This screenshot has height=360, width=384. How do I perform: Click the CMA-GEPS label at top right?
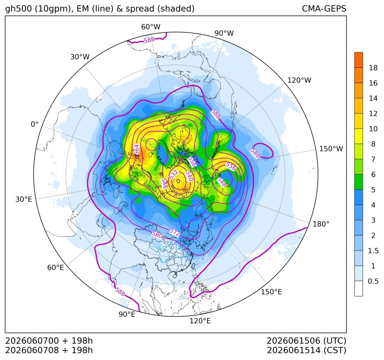click(x=324, y=8)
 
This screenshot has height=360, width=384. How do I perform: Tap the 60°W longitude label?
click(x=150, y=27)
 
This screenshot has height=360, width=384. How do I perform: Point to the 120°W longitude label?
click(x=299, y=80)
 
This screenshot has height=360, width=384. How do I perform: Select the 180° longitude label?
click(x=321, y=224)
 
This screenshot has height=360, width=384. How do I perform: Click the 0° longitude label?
click(x=34, y=124)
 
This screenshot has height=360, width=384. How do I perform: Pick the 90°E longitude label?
click(x=127, y=315)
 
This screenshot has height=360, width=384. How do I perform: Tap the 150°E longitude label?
click(x=271, y=292)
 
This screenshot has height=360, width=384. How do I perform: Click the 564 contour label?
click(x=137, y=150)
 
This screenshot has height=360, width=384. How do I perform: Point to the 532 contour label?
click(x=173, y=174)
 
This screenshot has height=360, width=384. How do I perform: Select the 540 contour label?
click(x=189, y=176)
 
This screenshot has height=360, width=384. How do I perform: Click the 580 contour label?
click(x=157, y=235)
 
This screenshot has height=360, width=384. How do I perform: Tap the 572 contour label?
click(x=175, y=233)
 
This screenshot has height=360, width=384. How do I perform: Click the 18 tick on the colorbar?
click(x=373, y=68)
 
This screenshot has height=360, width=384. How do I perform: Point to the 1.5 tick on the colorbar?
click(x=373, y=251)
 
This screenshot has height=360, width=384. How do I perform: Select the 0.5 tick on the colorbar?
click(x=373, y=281)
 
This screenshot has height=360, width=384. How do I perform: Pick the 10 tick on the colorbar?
click(x=373, y=129)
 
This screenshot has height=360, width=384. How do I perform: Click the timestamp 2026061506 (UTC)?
click(x=306, y=341)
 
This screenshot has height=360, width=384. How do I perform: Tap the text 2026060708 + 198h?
click(x=49, y=350)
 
